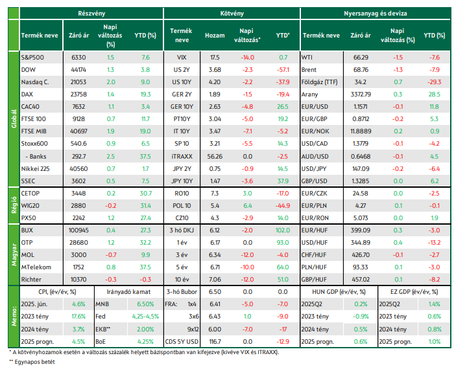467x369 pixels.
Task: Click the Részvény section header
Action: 91,14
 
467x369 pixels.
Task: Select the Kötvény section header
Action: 232,14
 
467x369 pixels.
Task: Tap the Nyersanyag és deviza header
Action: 376,14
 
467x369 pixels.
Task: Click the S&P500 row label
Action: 32,58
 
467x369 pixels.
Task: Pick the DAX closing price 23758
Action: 78,95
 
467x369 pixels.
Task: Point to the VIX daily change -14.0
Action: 247,58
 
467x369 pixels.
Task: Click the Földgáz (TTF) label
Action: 320,82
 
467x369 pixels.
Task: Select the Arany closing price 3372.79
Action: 361,95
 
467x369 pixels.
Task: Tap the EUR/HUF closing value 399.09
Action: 361,230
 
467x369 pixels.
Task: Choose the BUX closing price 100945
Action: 78,230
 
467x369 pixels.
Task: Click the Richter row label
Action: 31,280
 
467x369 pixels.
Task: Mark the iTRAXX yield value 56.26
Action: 215,157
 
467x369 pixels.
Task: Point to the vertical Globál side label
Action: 14,119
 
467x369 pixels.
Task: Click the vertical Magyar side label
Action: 14,254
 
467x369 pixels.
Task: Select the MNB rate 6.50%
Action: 145,304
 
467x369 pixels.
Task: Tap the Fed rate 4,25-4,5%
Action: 145,317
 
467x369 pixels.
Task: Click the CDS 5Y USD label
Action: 182,342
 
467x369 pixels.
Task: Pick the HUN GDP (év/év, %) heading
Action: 339,292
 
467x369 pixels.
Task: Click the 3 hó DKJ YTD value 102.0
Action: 283,230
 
